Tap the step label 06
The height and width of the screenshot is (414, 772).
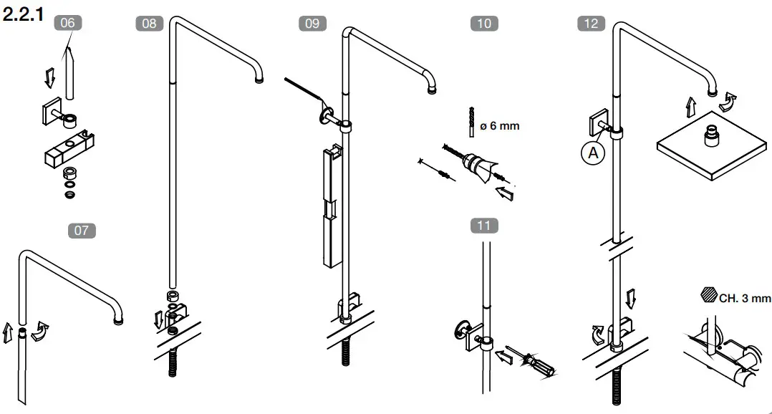pyautogui.click(x=67, y=23)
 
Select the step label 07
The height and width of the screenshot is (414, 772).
pyautogui.click(x=82, y=231)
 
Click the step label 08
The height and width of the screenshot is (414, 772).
pyautogui.click(x=149, y=23)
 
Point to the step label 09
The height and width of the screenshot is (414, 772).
pyautogui.click(x=312, y=23)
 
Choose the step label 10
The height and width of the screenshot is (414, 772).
pyautogui.click(x=484, y=23)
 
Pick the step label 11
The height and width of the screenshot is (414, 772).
pyautogui.click(x=484, y=226)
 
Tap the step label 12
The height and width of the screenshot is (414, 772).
pyautogui.click(x=591, y=23)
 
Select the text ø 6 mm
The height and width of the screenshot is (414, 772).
pyautogui.click(x=499, y=126)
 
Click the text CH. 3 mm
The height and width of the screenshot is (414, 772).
pyautogui.click(x=745, y=298)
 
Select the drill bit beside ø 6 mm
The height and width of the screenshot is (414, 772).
pyautogui.click(x=471, y=122)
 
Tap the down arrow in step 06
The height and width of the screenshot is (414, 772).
pyautogui.click(x=49, y=77)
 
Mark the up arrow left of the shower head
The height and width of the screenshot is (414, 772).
pyautogui.click(x=690, y=107)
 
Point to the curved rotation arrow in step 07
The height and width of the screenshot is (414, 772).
pyautogui.click(x=41, y=331)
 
